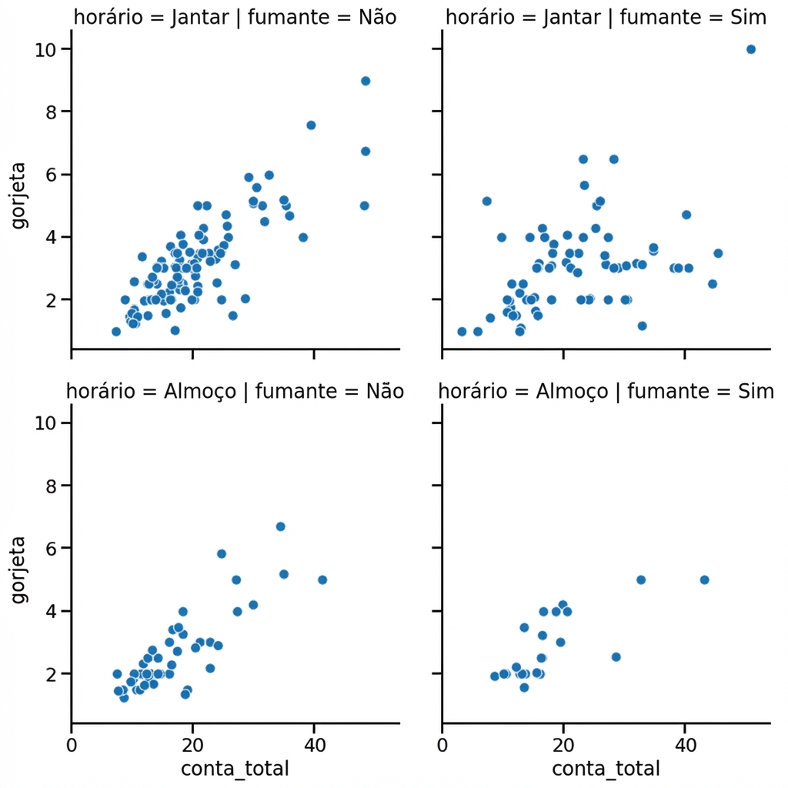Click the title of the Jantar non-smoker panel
coord(235,18)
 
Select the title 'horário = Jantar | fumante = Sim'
coord(606,18)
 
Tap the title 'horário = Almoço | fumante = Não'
coord(235,391)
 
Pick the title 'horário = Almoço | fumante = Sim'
coord(606,391)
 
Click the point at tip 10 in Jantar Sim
coord(751,49)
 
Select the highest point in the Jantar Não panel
coord(366,81)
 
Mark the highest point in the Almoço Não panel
coord(281,526)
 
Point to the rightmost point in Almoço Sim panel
coord(704,579)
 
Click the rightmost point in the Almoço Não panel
coord(322,579)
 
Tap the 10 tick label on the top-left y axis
coord(45,49)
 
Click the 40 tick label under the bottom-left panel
coord(314,746)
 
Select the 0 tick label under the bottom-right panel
coord(442,746)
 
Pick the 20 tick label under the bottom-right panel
coord(563,746)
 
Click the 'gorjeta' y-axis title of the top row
coord(18,195)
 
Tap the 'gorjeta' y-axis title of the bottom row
coord(18,569)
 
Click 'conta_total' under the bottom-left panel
coord(235,769)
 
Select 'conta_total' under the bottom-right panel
coord(606,769)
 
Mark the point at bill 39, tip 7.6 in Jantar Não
coord(311,125)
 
